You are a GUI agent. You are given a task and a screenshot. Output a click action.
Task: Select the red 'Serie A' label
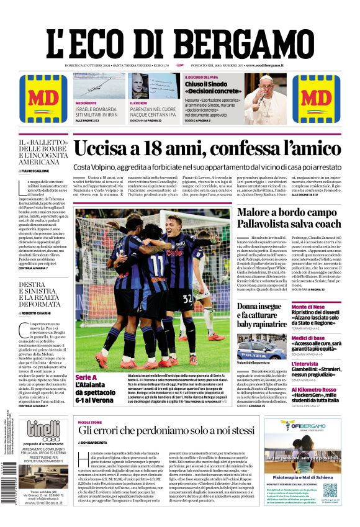coord(86,377)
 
